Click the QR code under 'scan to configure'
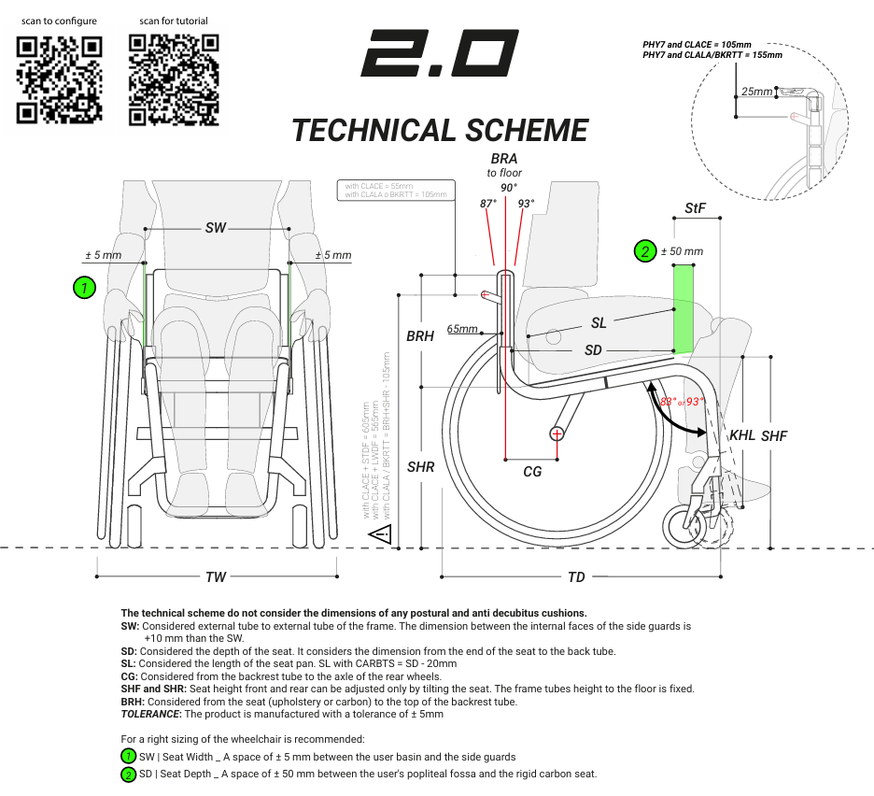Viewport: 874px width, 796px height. [60, 79]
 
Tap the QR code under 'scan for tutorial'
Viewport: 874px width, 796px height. [174, 79]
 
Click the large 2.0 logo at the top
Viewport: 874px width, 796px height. [440, 53]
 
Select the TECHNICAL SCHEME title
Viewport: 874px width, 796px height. [440, 130]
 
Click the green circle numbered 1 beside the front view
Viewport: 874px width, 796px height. [85, 288]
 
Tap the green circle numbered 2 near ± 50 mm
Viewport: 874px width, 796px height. [644, 250]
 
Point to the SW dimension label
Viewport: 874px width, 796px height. [216, 228]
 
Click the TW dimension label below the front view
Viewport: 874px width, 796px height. [216, 576]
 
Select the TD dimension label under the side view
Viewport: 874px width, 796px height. [576, 576]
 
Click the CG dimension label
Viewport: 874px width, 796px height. [532, 472]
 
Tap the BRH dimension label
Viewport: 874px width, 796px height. [420, 336]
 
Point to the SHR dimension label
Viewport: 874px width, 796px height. [421, 466]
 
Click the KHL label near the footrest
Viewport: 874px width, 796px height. [742, 435]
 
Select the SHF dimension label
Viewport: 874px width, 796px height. [774, 436]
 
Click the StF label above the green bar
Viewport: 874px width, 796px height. [695, 208]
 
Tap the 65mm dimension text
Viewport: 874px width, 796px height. [462, 329]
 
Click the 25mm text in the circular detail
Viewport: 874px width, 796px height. [757, 92]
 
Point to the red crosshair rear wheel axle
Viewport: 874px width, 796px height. [557, 433]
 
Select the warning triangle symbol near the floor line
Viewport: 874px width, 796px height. [380, 534]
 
